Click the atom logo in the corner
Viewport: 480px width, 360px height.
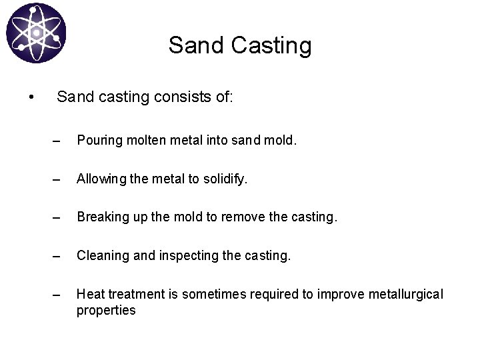click(x=36, y=33)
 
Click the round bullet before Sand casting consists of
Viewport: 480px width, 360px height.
click(x=31, y=99)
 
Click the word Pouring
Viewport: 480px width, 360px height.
click(x=98, y=141)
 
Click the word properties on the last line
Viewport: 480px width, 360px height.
click(x=105, y=310)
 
